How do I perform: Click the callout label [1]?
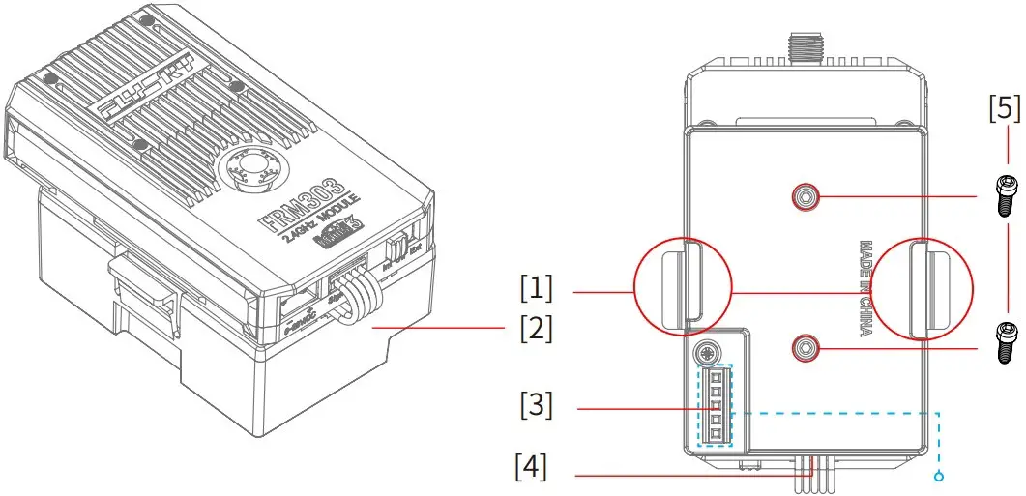pos(536,288)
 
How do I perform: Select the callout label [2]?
pos(536,329)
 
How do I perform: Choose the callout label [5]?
pos(1005,106)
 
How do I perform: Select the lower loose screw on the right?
pos(1005,341)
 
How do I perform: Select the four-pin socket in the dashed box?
pos(716,405)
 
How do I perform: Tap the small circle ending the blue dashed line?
pos(938,476)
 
